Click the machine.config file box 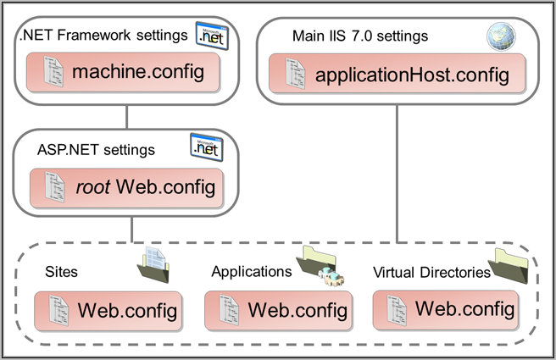[x=123, y=72]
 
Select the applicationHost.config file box [x=397, y=74]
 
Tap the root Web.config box [x=126, y=188]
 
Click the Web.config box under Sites [x=108, y=311]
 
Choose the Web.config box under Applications [x=278, y=311]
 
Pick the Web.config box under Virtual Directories [x=446, y=310]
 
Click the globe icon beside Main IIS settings [x=501, y=36]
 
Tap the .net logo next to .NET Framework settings [x=212, y=36]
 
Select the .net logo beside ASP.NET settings [x=207, y=147]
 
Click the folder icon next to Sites [x=153, y=265]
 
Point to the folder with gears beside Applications [x=320, y=266]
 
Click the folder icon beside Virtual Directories [x=509, y=266]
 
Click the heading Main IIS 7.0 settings [x=360, y=36]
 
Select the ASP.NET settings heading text [x=96, y=150]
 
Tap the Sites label [x=61, y=272]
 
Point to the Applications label [x=252, y=272]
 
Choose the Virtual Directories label [x=431, y=273]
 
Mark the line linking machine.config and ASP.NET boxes [x=126, y=117]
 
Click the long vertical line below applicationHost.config [x=397, y=174]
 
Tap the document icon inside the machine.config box [x=53, y=71]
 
